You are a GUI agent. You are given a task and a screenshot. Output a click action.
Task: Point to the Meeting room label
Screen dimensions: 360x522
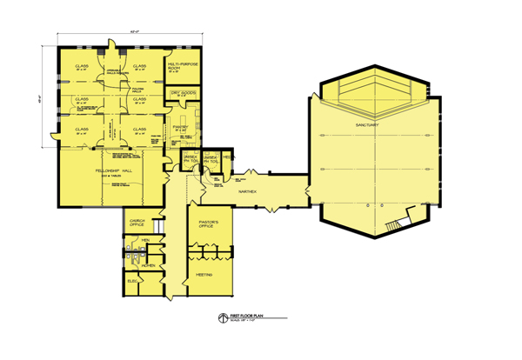[204, 273]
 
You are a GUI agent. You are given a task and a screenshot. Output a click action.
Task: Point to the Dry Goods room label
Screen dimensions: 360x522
[179, 93]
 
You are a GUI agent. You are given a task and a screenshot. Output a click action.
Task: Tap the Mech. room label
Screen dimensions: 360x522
[227, 155]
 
